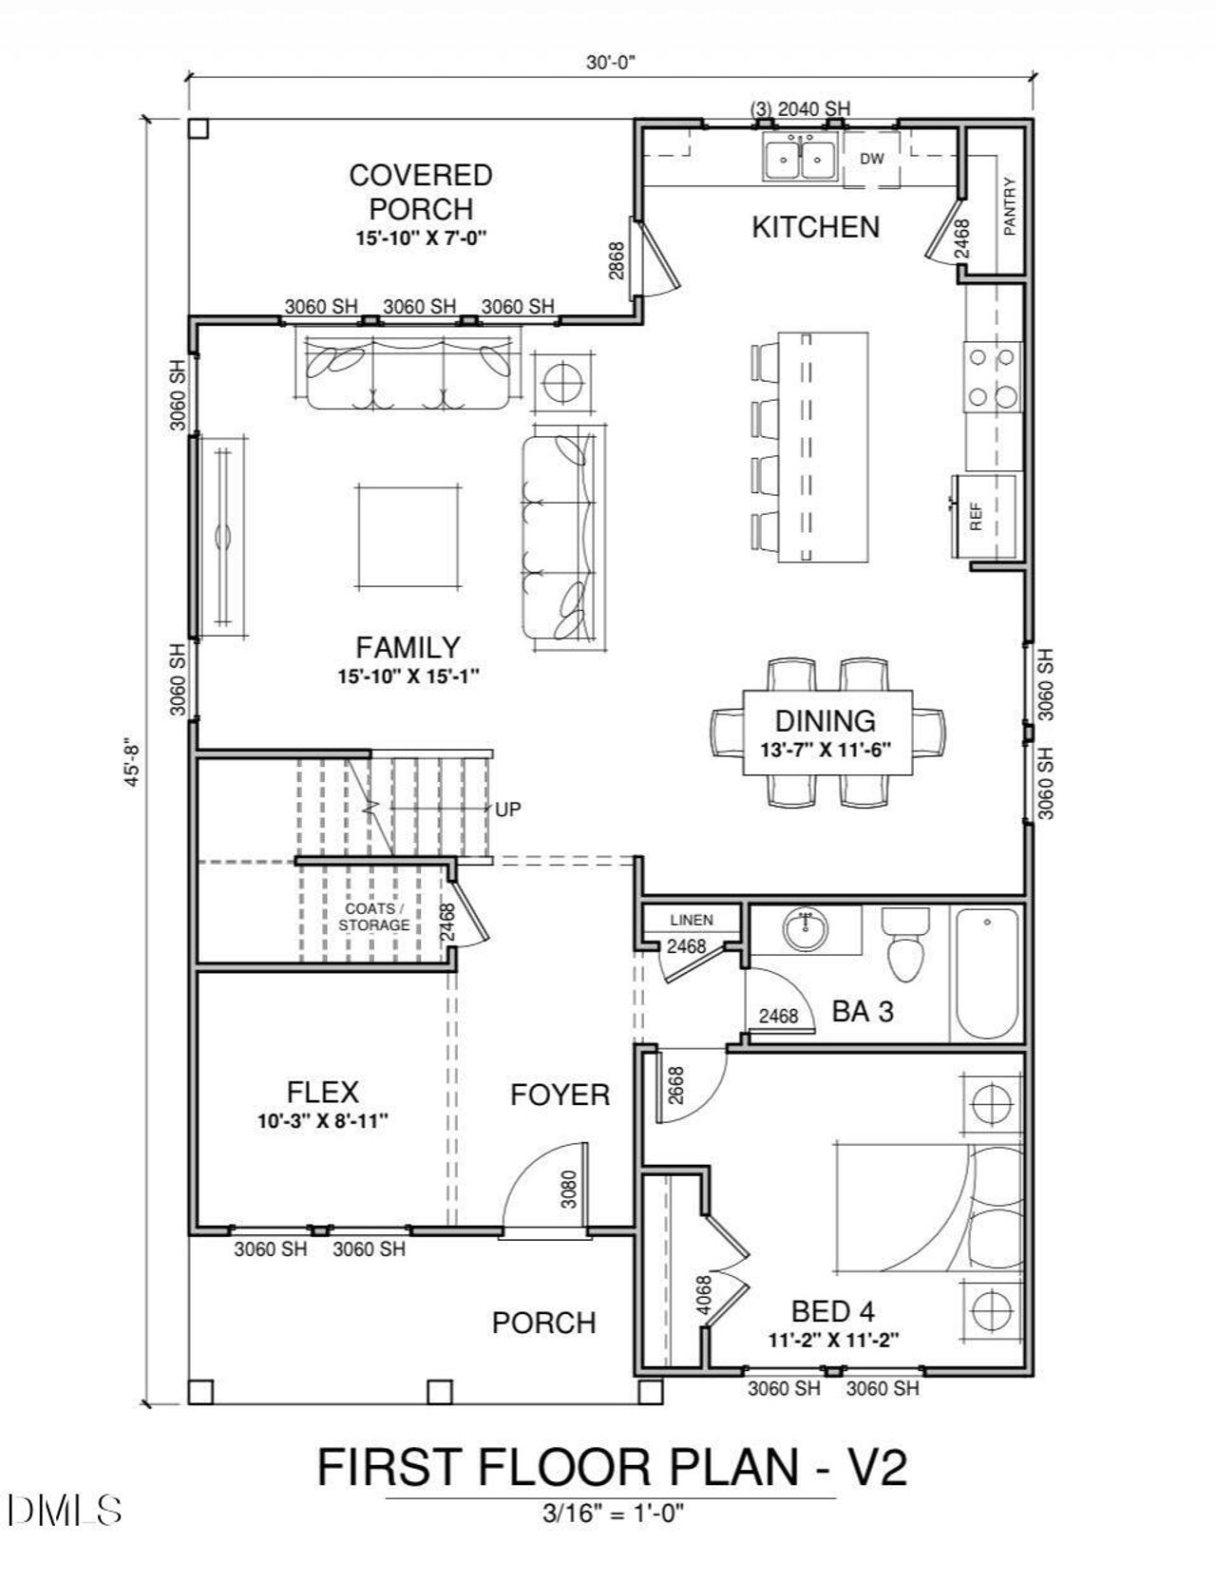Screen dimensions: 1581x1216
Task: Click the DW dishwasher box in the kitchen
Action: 871,159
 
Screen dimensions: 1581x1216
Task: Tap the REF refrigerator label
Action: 975,516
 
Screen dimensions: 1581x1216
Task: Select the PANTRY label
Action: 1009,206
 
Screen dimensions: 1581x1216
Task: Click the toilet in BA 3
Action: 905,944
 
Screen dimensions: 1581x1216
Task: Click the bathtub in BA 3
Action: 987,975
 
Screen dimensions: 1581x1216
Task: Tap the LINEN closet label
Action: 691,920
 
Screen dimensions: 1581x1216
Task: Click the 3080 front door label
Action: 568,1189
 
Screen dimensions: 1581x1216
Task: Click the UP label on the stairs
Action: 508,810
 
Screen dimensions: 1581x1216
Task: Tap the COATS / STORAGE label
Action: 375,917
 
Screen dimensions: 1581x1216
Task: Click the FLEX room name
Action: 322,1092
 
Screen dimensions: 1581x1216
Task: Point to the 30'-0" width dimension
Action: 609,63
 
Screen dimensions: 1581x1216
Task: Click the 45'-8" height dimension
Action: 132,762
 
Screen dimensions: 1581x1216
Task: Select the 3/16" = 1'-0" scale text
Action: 610,1513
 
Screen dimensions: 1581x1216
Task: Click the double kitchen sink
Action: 800,157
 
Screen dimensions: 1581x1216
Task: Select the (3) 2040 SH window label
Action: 800,109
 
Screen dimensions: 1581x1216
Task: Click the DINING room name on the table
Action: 825,721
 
